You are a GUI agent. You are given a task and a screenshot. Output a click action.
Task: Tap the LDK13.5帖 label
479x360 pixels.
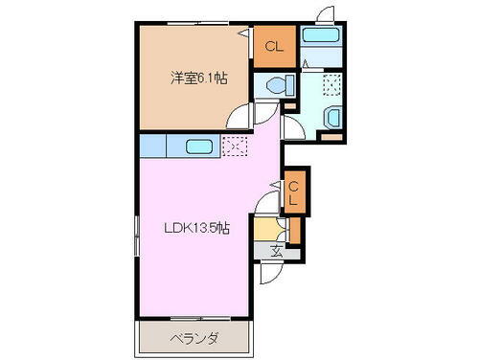tap(197, 227)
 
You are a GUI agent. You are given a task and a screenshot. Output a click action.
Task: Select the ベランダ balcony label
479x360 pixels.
tap(196, 338)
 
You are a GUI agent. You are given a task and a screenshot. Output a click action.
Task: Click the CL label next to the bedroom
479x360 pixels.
tap(274, 46)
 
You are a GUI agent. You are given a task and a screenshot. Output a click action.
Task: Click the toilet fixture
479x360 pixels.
tap(278, 83)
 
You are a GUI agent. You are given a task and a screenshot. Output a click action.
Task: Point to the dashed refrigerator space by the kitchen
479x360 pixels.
tap(234, 146)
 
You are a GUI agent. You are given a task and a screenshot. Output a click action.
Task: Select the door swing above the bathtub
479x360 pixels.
tap(324, 14)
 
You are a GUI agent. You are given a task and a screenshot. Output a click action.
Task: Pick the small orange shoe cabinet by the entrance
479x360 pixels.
tap(295, 231)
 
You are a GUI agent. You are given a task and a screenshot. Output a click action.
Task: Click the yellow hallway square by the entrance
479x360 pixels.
tap(264, 230)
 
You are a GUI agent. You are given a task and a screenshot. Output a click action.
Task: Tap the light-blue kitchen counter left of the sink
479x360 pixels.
tap(152, 146)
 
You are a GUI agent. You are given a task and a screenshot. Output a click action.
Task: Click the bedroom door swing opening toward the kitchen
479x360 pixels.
tap(241, 118)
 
